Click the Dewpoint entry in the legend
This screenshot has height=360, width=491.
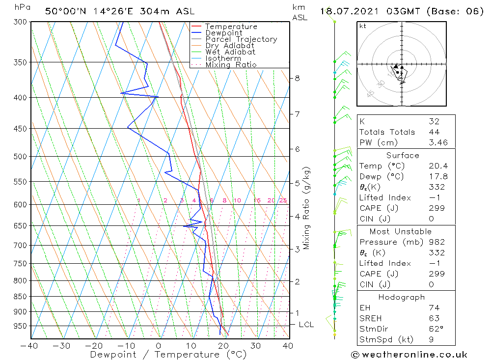click(223, 33)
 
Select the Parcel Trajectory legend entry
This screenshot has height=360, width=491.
click(241, 39)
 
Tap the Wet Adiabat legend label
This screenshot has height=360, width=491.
click(230, 52)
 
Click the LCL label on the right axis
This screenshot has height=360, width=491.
click(306, 325)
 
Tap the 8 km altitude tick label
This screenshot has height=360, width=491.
click(298, 78)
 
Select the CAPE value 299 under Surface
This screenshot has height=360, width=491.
click(436, 208)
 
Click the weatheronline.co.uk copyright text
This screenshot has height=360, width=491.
click(409, 355)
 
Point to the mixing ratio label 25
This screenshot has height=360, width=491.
click(283, 200)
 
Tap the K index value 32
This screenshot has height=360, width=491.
click(434, 121)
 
